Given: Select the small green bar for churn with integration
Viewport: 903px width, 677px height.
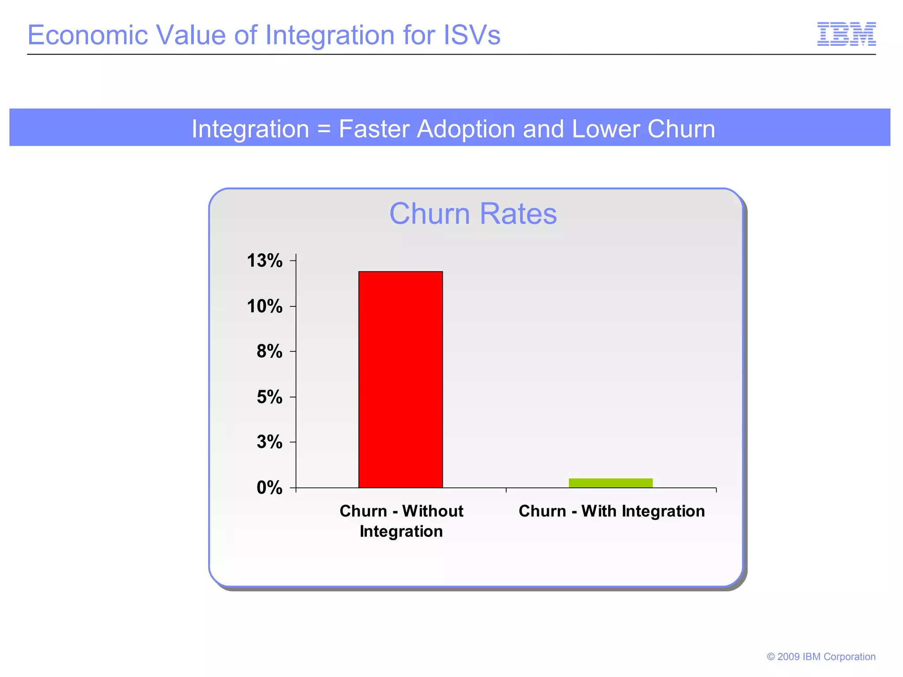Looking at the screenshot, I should click(x=610, y=483).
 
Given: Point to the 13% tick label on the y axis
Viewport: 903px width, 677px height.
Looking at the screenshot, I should click(x=265, y=260).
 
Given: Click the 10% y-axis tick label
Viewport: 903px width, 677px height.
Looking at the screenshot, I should click(x=265, y=306).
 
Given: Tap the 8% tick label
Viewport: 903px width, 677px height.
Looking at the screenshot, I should click(x=269, y=351).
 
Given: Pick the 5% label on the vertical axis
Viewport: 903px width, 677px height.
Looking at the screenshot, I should click(x=269, y=397).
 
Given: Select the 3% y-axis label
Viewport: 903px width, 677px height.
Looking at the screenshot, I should click(x=269, y=442).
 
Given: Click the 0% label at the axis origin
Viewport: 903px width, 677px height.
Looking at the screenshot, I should click(x=269, y=487).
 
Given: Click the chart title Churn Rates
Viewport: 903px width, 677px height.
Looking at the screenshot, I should click(x=473, y=214).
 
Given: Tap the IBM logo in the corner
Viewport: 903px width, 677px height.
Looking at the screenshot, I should click(x=846, y=34).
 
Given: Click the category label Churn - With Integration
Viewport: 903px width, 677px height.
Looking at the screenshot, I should click(x=612, y=511).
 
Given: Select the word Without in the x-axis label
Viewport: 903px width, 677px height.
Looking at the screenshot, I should click(x=433, y=511).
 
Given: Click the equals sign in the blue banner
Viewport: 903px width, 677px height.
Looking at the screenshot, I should click(x=324, y=129).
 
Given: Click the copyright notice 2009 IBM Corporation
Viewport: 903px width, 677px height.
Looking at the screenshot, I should click(x=821, y=657).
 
